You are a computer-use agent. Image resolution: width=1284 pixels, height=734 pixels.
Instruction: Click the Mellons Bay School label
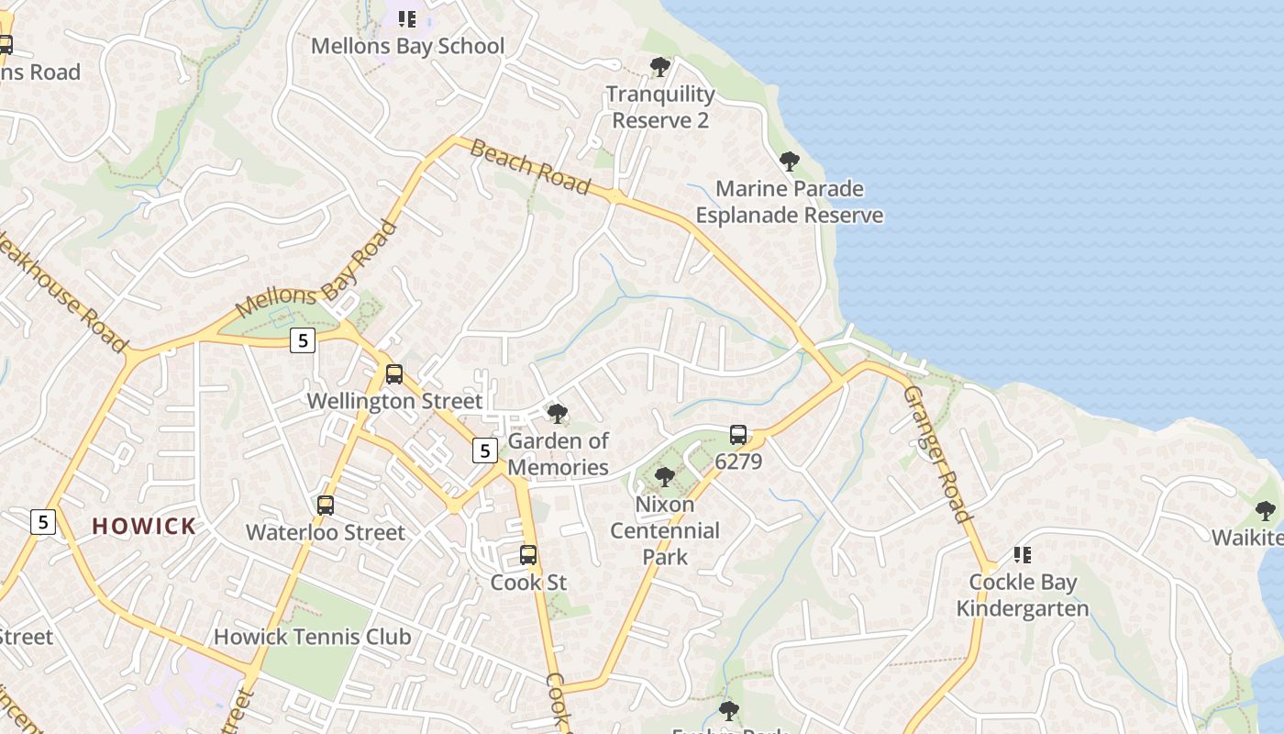[x=407, y=46]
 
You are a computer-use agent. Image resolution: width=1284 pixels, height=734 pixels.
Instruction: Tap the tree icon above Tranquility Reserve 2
[x=659, y=66]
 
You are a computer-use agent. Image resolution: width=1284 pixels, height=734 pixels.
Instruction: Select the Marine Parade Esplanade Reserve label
[x=789, y=202]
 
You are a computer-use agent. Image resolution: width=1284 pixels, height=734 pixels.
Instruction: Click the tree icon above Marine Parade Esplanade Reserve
[x=789, y=162]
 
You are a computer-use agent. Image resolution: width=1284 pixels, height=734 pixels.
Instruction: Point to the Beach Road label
[x=529, y=166]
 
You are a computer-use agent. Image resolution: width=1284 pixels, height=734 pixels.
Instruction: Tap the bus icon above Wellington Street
[x=394, y=373]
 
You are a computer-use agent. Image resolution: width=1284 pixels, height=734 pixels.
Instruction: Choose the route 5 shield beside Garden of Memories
[x=484, y=450]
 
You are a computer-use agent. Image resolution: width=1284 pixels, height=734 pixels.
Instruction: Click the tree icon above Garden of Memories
[x=557, y=414]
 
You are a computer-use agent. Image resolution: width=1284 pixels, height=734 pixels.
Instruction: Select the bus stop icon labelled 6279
[x=738, y=435]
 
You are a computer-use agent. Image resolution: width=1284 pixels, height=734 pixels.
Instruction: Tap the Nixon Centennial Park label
[x=665, y=530]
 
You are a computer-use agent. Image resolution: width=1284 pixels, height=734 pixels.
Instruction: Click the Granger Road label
[x=936, y=453]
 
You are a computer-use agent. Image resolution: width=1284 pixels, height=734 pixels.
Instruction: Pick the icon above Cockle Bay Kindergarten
[x=1023, y=555]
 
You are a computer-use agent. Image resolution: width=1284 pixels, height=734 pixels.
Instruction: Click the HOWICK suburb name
[x=144, y=527]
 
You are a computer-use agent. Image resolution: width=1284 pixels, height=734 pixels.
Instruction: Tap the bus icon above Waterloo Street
[x=326, y=505]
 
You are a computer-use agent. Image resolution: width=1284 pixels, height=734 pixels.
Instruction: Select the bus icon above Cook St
[x=528, y=555]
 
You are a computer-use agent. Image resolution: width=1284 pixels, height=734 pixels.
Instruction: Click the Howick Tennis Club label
[x=312, y=637]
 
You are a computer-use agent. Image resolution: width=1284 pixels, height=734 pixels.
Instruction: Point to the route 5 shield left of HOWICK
[x=42, y=522]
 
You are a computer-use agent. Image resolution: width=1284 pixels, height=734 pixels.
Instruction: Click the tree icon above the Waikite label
[x=1266, y=511]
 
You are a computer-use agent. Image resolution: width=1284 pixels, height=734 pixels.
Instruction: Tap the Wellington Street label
[x=394, y=401]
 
